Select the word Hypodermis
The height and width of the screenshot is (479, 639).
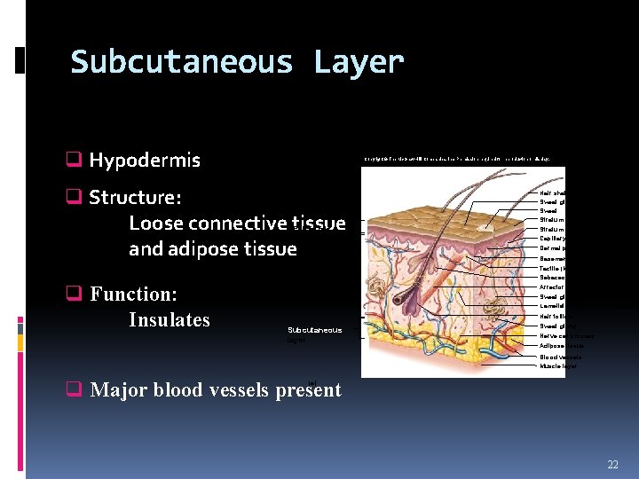click(x=145, y=161)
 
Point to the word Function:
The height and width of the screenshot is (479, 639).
click(x=133, y=294)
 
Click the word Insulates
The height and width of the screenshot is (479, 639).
click(x=170, y=319)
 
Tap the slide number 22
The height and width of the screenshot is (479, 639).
click(x=612, y=465)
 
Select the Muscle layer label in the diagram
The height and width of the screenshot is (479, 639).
click(x=558, y=365)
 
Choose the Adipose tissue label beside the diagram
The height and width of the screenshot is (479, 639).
click(x=562, y=346)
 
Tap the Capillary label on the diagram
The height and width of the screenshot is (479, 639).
click(x=553, y=238)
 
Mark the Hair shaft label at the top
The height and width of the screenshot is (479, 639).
click(x=553, y=192)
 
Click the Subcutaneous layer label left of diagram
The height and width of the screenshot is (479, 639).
click(x=313, y=334)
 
